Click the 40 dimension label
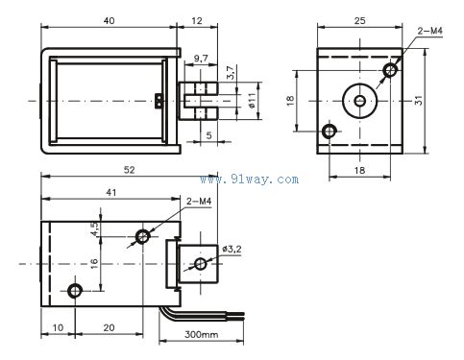(x=109, y=21)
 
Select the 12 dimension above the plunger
(x=197, y=21)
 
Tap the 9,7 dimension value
(x=201, y=59)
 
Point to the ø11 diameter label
(x=252, y=101)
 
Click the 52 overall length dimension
(x=130, y=170)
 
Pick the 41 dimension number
(x=111, y=193)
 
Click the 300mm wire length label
(x=202, y=335)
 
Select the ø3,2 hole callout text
(x=232, y=250)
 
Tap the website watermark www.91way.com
(x=250, y=180)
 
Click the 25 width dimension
(x=359, y=21)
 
